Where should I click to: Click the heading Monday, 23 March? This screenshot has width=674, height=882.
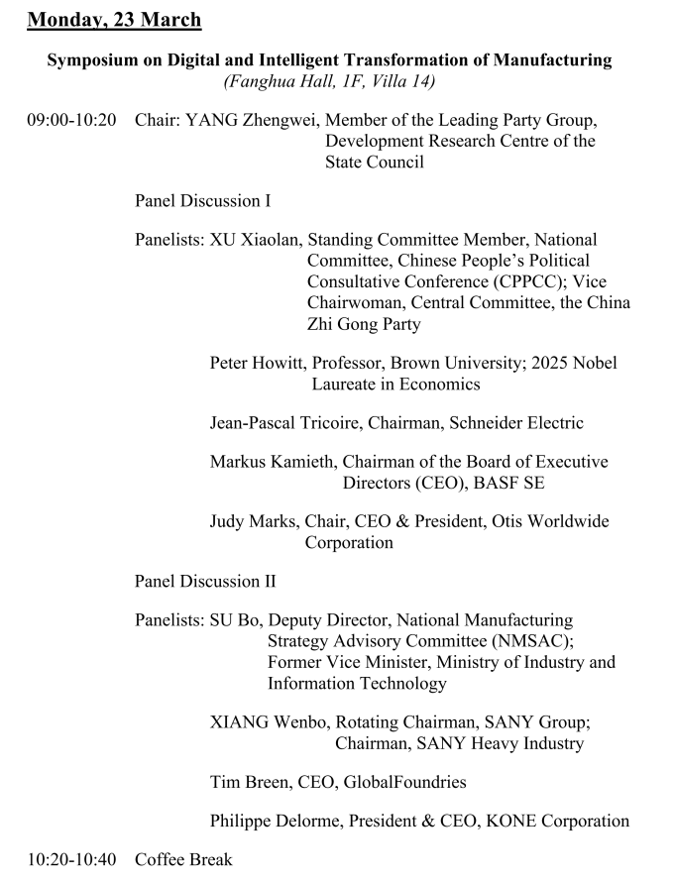pyautogui.click(x=114, y=19)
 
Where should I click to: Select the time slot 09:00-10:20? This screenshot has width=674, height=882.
pyautogui.click(x=71, y=120)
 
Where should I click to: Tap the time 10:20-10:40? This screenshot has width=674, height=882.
pyautogui.click(x=71, y=859)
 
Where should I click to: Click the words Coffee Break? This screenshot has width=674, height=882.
pyautogui.click(x=183, y=859)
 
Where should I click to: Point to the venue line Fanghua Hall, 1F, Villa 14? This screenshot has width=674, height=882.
pyautogui.click(x=329, y=81)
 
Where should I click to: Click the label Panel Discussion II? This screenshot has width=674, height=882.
pyautogui.click(x=205, y=582)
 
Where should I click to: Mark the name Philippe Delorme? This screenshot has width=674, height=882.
pyautogui.click(x=273, y=821)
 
